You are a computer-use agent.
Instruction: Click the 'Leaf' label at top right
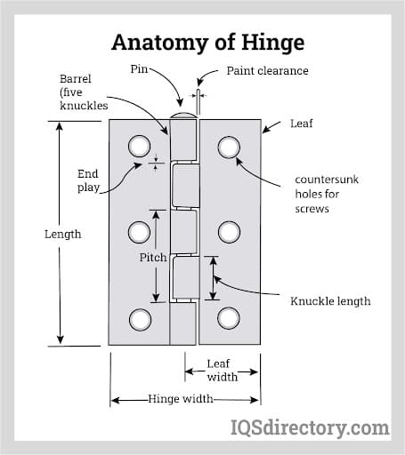point(302,124)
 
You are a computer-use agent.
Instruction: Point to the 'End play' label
point(88,181)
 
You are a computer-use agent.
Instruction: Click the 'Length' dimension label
point(62,235)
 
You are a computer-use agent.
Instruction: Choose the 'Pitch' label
point(153,258)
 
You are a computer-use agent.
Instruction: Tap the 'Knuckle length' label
point(330,301)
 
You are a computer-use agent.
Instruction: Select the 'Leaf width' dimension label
point(223,370)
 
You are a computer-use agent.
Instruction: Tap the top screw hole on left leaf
point(139,146)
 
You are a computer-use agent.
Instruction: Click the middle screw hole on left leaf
point(139,233)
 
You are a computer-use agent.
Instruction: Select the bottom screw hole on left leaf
point(139,318)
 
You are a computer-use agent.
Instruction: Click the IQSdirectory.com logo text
point(311,429)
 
